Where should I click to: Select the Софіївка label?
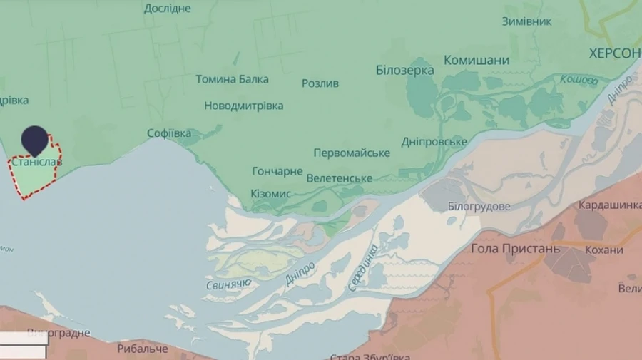[x=169, y=133]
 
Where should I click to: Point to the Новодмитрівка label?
[x=243, y=106]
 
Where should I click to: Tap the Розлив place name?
[x=320, y=83]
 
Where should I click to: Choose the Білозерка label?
[x=404, y=70]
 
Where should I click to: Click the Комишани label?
[x=477, y=60]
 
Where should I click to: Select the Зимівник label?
[x=526, y=21]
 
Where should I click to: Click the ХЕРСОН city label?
[x=614, y=53]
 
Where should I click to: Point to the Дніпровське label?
[x=434, y=142]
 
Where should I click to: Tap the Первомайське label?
[x=352, y=153]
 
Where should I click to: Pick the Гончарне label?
[x=277, y=172]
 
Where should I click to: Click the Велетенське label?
[x=339, y=178]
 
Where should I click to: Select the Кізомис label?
[x=270, y=194]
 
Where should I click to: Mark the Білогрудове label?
[x=479, y=206]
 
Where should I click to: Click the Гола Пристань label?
[x=515, y=249]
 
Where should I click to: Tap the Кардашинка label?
[x=609, y=205]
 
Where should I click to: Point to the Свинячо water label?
[x=228, y=285]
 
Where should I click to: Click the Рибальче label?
[x=143, y=349]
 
